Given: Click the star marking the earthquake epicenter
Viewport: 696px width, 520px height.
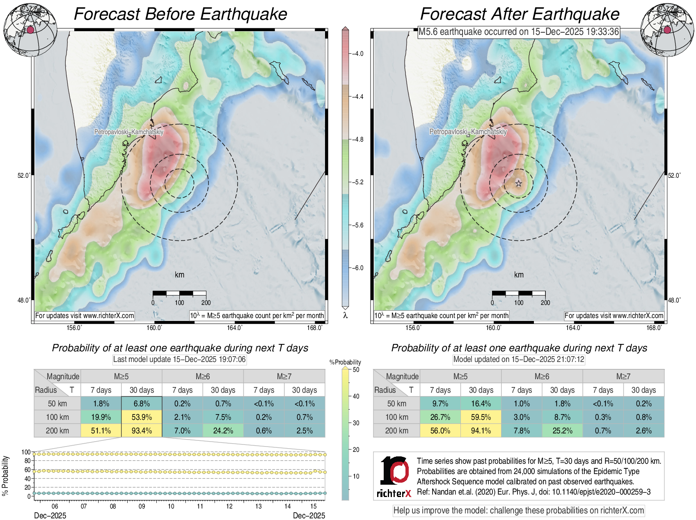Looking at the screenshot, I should coord(519,183).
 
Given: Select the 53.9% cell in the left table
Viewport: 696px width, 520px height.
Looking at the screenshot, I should coord(142,417).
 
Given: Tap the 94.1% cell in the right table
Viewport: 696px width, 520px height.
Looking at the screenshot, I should coord(481,431).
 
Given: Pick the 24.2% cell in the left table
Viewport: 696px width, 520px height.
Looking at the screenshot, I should coord(223,431).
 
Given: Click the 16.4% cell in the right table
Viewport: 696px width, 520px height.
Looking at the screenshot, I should coord(481,403).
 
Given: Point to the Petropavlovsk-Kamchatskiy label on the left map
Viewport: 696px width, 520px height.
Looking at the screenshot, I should coord(129,132).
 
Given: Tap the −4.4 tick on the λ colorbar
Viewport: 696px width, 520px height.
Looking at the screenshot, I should coord(358,97).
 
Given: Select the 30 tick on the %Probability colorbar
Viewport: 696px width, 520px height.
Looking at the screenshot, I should coord(356,423).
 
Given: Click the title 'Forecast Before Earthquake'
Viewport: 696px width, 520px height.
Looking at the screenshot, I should coord(181,14).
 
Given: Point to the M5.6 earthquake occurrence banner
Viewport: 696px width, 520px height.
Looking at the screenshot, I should coord(518,32).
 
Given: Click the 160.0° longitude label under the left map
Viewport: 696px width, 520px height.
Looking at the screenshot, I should coord(155,328).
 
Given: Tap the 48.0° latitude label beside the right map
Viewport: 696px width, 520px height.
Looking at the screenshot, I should coord(674,300).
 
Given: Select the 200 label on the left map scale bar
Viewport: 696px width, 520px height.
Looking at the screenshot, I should coord(206,303).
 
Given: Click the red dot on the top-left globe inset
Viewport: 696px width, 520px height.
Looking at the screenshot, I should coord(30,30).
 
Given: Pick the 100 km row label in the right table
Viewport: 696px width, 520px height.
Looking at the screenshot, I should coord(396,417).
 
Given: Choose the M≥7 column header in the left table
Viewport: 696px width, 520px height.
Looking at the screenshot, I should coord(284,376).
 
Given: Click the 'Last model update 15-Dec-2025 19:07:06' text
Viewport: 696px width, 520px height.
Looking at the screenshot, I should coord(179,360).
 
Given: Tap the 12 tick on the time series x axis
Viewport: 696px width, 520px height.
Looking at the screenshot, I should coord(229,506).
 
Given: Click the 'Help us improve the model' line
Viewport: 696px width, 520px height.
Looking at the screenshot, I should coord(519,511).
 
